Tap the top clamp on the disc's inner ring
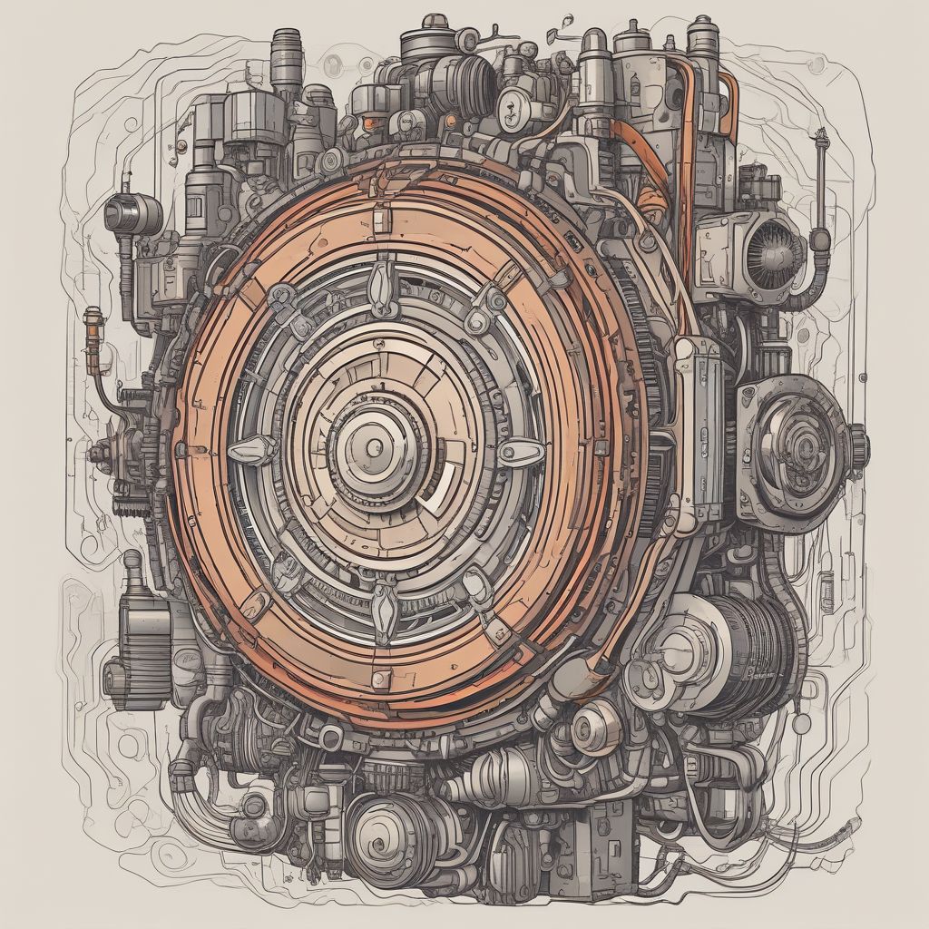click(382, 272)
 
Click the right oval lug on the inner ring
click(521, 451)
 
